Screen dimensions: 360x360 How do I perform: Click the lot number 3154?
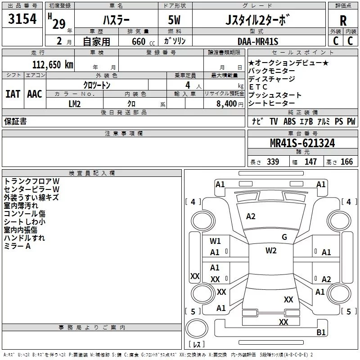(x=22, y=18)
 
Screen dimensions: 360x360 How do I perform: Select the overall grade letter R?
(x=343, y=21)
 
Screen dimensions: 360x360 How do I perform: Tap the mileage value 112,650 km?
(x=53, y=65)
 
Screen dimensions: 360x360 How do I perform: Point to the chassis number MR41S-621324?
(x=302, y=143)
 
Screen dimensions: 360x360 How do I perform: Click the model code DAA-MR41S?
(x=258, y=41)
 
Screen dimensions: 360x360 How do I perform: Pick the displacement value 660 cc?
(x=143, y=42)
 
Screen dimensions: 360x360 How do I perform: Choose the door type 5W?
(x=174, y=20)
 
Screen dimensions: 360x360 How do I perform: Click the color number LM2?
(x=75, y=104)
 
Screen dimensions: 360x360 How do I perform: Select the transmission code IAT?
(x=13, y=94)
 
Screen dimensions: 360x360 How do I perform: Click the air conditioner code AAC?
(x=35, y=94)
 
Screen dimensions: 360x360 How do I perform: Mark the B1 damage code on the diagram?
(x=321, y=332)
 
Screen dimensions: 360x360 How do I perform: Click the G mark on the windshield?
(x=284, y=237)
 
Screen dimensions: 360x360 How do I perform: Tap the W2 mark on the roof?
(x=271, y=251)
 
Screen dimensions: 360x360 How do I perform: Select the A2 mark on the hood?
(x=251, y=216)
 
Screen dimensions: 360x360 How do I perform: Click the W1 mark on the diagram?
(x=215, y=241)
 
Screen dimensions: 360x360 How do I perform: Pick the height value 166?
(x=346, y=162)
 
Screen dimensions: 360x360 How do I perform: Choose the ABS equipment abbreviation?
(x=289, y=121)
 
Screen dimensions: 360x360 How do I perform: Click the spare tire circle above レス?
(x=197, y=328)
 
